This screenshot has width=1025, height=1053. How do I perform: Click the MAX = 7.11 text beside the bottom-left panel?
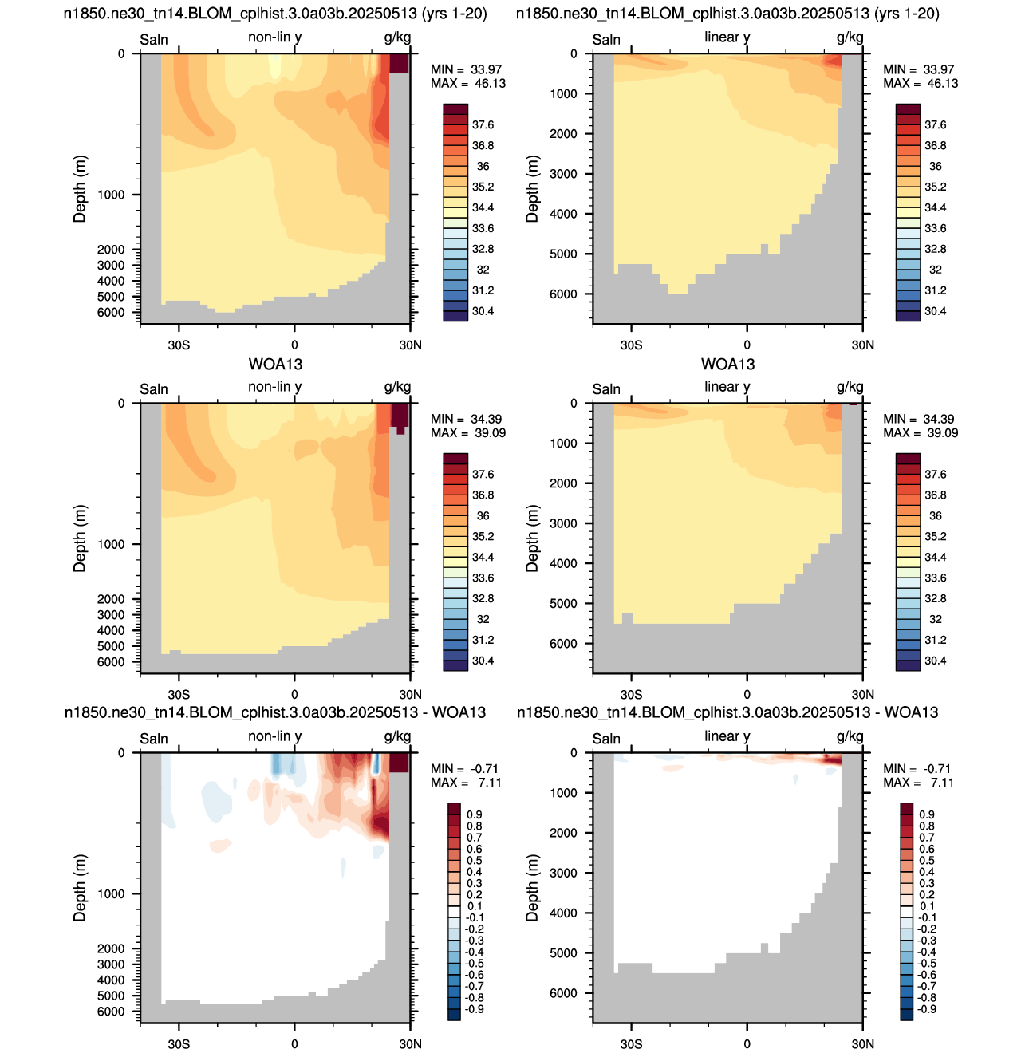pyautogui.click(x=465, y=783)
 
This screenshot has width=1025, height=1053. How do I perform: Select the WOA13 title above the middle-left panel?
pyautogui.click(x=275, y=365)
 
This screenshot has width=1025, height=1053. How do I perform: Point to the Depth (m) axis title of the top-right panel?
pyautogui.click(x=533, y=188)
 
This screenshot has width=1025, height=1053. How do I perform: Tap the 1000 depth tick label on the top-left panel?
pyautogui.click(x=111, y=195)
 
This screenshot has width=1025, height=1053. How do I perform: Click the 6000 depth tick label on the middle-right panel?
pyautogui.click(x=563, y=644)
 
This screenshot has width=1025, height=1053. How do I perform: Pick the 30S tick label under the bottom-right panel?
pyautogui.click(x=631, y=1043)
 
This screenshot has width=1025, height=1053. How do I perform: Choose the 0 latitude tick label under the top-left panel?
pyautogui.click(x=294, y=345)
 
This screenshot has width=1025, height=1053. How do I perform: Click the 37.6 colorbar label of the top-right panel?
pyautogui.click(x=935, y=125)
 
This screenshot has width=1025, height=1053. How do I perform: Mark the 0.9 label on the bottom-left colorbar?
pyautogui.click(x=474, y=814)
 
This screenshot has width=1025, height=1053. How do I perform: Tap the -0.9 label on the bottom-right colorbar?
pyautogui.click(x=925, y=1008)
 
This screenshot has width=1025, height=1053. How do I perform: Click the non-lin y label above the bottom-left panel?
pyautogui.click(x=275, y=736)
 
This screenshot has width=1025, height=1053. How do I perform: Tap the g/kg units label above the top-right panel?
pyautogui.click(x=850, y=37)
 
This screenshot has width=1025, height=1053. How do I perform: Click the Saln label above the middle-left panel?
pyautogui.click(x=154, y=389)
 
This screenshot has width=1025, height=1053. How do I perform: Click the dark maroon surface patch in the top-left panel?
pyautogui.click(x=399, y=63)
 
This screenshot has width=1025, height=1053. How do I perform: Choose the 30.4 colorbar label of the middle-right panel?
pyautogui.click(x=935, y=661)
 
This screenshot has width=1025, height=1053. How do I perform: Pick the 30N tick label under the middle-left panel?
pyautogui.click(x=410, y=694)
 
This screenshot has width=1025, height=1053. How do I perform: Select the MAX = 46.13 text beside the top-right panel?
pyautogui.click(x=921, y=83)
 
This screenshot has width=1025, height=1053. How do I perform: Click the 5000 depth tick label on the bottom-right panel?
pyautogui.click(x=563, y=953)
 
